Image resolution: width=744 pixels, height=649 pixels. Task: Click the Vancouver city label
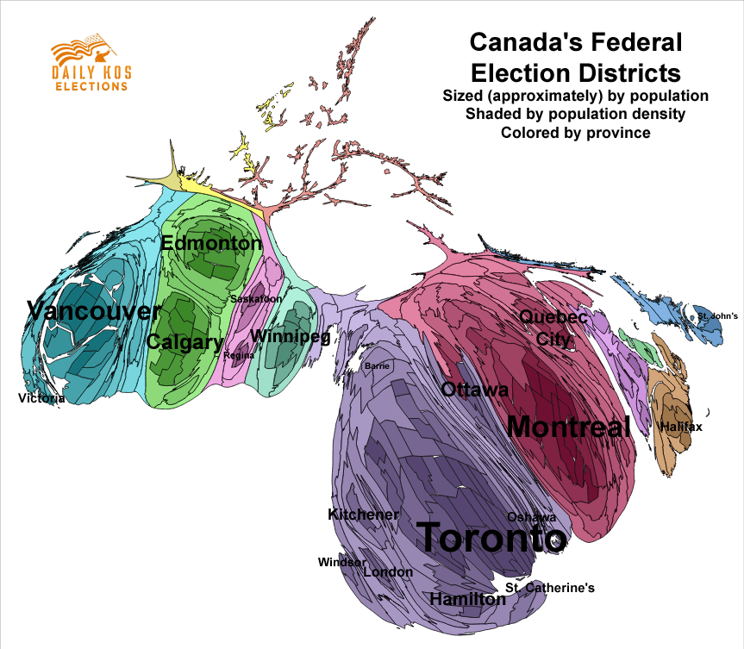(94, 311)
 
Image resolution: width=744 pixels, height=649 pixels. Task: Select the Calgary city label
(184, 342)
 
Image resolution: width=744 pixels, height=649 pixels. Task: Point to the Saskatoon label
(255, 299)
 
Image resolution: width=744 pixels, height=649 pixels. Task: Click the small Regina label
(238, 355)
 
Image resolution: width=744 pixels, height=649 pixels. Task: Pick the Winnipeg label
(290, 337)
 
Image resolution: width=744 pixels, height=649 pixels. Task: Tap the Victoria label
(41, 398)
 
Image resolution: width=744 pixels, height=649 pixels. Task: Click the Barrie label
(378, 366)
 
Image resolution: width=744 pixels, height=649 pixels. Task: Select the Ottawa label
(474, 390)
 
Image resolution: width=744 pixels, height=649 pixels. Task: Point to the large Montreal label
(568, 427)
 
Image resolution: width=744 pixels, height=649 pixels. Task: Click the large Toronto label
(491, 539)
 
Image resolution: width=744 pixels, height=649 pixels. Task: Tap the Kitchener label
(364, 515)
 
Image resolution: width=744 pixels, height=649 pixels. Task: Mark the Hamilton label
(467, 599)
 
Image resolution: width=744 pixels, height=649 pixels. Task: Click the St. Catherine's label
(550, 588)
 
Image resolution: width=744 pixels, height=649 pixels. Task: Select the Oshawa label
(531, 517)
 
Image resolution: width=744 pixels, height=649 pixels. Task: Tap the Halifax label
(681, 427)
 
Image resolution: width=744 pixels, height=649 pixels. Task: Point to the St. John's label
(717, 316)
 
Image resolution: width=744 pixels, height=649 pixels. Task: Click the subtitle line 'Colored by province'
(575, 133)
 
